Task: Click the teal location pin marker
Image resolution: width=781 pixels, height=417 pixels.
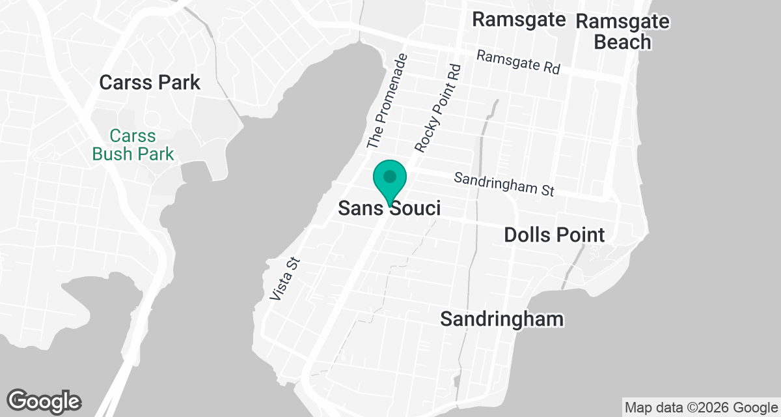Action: point(390,182)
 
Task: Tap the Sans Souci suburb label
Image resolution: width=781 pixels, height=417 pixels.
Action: point(389,208)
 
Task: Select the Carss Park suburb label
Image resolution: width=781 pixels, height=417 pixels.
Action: point(150,83)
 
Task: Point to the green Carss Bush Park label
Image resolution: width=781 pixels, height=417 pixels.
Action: point(133,145)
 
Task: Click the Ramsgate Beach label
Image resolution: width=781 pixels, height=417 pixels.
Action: point(623,31)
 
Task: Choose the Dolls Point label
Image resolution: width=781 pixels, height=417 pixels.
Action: point(555,235)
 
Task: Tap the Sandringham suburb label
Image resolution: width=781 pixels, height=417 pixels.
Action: point(501,319)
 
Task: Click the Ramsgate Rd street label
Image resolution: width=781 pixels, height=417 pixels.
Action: point(518,63)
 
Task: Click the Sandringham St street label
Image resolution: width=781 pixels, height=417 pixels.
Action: point(504,184)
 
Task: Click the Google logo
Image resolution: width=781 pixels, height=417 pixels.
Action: point(44,401)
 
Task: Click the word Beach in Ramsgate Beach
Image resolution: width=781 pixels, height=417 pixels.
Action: point(623,42)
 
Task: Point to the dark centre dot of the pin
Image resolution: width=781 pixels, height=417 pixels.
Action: point(390,176)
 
